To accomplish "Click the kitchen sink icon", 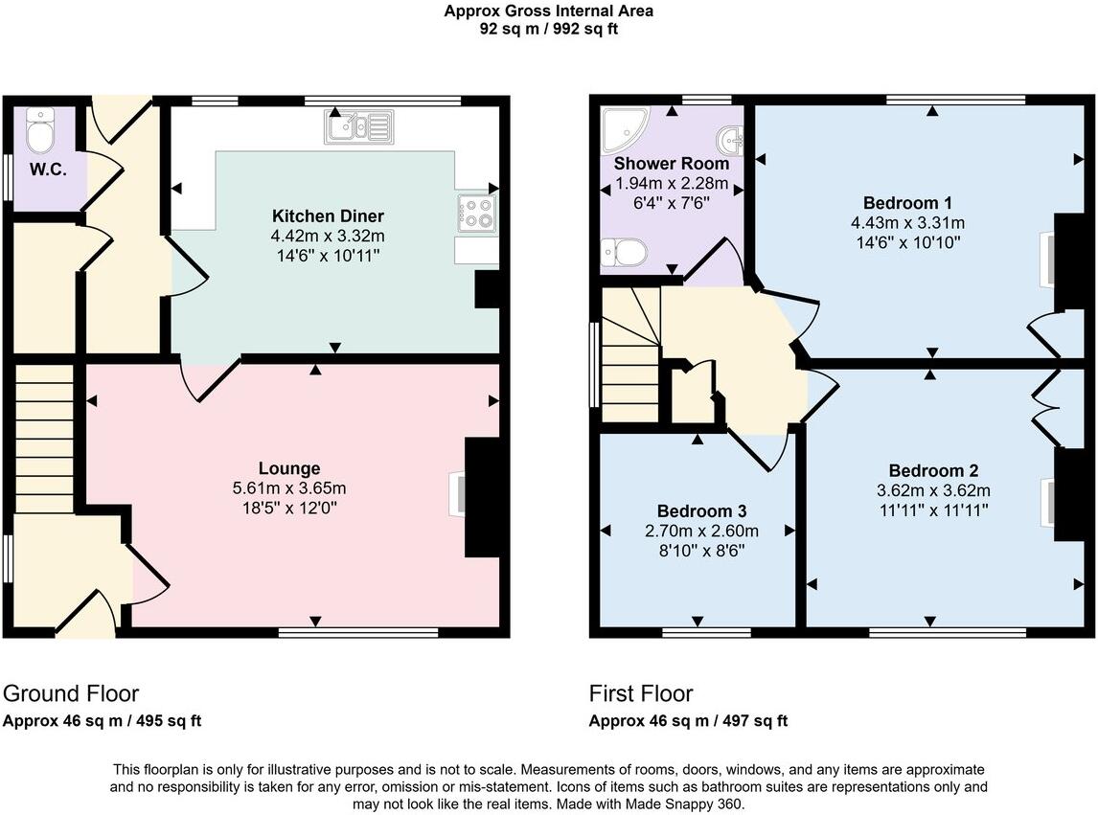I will pos(358,126).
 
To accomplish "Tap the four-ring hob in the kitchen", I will pos(477,214).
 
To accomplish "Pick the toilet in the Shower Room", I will pos(624,253).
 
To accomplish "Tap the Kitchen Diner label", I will pos(328,215).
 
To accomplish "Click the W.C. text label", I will pos(47,170).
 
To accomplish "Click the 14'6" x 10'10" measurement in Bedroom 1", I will pos(907,242).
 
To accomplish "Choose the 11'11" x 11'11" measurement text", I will pos(933,509).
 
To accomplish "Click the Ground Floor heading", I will pos(71,693).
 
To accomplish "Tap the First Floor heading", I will pos(640,693).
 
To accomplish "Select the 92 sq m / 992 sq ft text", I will pos(549,29).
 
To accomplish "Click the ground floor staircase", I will pos(44,437).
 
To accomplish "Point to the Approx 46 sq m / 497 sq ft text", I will pos(688,721).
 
